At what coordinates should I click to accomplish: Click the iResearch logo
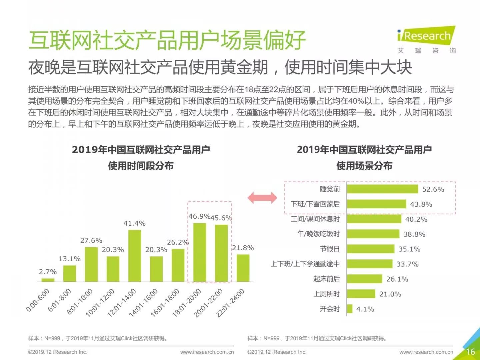(426, 35)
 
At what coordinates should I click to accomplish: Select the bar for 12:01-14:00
(134, 256)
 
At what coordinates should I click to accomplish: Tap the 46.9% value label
(199, 216)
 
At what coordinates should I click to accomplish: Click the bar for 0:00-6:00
(48, 280)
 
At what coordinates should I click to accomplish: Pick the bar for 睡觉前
(382, 189)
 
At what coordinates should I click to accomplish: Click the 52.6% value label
(433, 189)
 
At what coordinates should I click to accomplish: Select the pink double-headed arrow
(262, 198)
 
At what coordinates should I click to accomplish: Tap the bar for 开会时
(350, 309)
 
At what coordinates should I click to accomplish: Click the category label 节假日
(330, 249)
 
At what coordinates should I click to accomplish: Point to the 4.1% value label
(365, 309)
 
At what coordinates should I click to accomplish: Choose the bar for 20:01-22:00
(221, 253)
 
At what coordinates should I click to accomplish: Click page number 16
(470, 352)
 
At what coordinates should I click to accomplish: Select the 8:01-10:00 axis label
(80, 302)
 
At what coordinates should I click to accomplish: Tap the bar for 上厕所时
(361, 294)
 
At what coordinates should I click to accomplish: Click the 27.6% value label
(91, 241)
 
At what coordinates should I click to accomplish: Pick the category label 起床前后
(326, 279)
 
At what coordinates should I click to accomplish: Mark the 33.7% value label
(407, 264)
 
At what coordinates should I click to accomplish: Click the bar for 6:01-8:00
(70, 273)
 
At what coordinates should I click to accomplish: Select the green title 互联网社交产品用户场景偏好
(167, 40)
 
